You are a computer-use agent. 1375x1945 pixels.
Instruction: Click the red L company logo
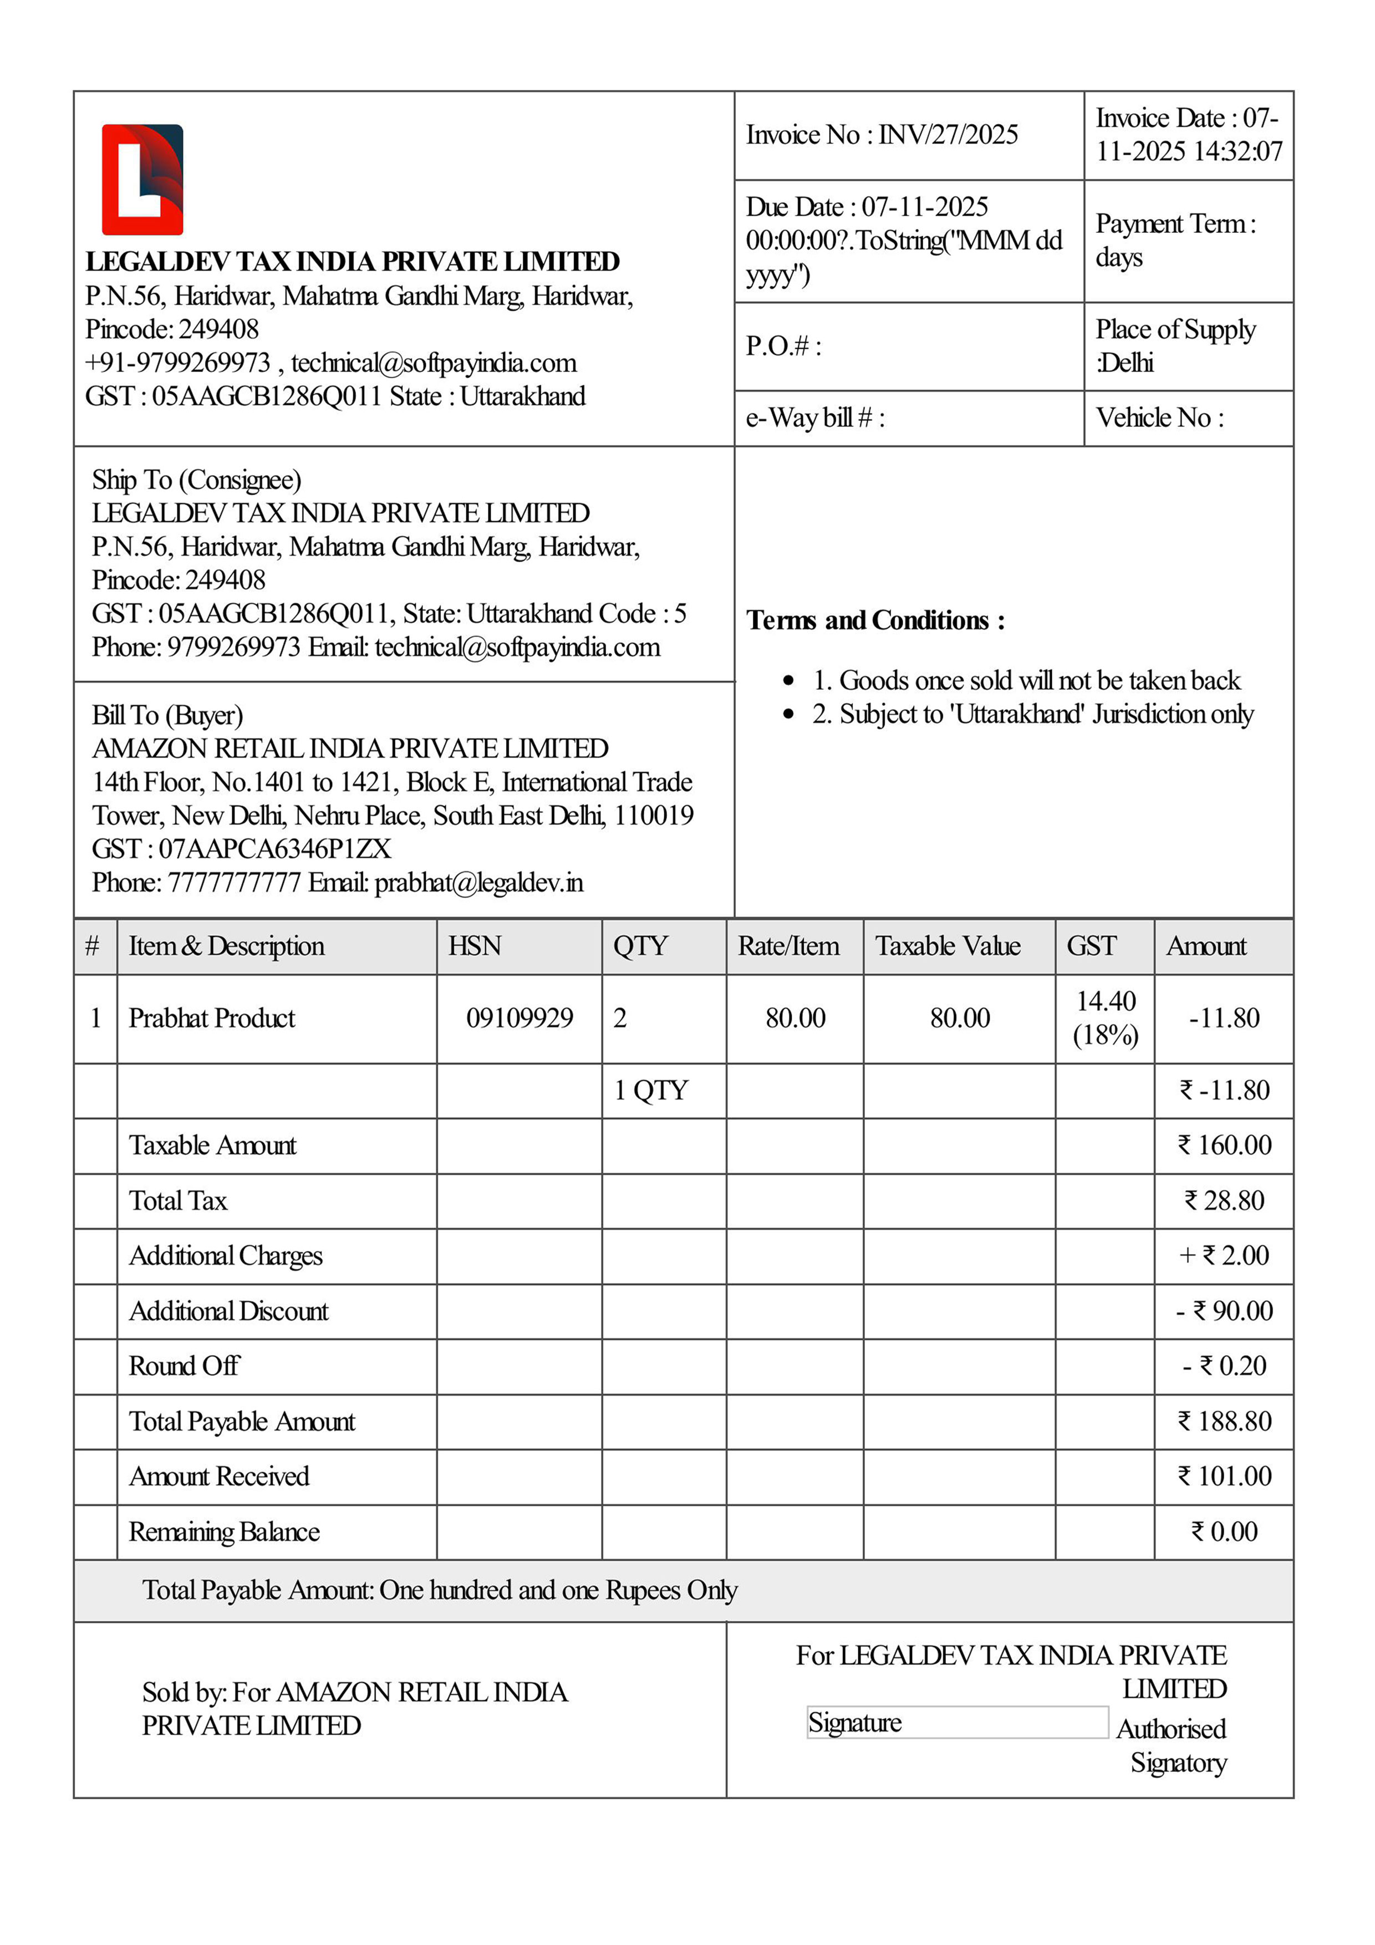click(x=142, y=180)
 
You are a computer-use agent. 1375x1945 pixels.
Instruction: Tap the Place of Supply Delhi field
click(x=1175, y=345)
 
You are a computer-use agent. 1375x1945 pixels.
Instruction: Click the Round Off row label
click(x=184, y=1366)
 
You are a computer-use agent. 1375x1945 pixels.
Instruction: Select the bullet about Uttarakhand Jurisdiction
click(x=1032, y=714)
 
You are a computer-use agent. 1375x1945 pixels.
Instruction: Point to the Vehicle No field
click(x=1159, y=417)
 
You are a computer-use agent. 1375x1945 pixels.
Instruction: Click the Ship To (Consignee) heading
click(x=197, y=480)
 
